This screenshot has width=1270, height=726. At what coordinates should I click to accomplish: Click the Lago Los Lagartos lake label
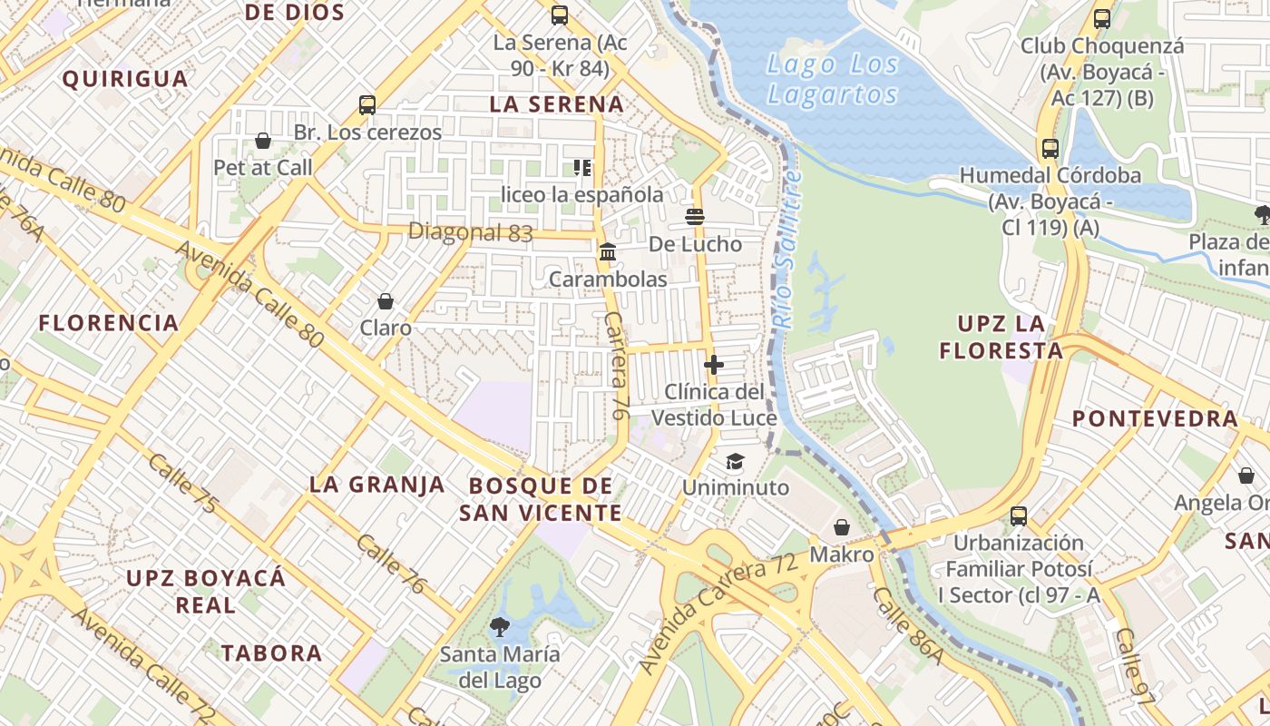(x=833, y=79)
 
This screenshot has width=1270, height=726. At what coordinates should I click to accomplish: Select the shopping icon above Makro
(x=842, y=527)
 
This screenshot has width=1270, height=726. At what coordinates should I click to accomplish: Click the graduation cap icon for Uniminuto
(x=735, y=461)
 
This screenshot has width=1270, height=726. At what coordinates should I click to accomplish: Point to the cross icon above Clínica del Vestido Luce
(x=714, y=365)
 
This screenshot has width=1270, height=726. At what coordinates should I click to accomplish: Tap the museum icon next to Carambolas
(x=608, y=251)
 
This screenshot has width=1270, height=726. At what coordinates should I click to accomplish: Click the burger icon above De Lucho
(x=696, y=217)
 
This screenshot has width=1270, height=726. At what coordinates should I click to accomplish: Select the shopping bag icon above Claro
(x=386, y=301)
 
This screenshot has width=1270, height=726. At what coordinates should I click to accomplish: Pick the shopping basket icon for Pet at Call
(x=263, y=141)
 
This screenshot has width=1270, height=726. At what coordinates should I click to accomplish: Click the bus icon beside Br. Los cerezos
(x=367, y=105)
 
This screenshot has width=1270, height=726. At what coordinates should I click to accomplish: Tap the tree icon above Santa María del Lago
(x=499, y=626)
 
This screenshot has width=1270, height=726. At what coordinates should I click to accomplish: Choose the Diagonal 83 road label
(x=470, y=232)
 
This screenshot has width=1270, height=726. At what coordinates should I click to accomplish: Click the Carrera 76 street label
(x=616, y=366)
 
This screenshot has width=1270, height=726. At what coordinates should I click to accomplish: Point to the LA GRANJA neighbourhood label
(x=377, y=485)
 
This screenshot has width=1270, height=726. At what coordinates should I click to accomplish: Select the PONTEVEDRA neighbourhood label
(x=1155, y=418)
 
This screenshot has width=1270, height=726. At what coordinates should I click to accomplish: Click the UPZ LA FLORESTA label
(x=1001, y=337)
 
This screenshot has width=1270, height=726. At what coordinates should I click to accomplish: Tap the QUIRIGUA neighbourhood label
(x=125, y=79)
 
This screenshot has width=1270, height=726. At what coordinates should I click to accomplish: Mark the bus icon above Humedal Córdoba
(x=1050, y=149)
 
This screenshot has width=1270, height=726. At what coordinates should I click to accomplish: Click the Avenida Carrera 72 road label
(x=718, y=612)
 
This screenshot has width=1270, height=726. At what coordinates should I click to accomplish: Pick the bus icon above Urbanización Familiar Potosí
(x=1019, y=516)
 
